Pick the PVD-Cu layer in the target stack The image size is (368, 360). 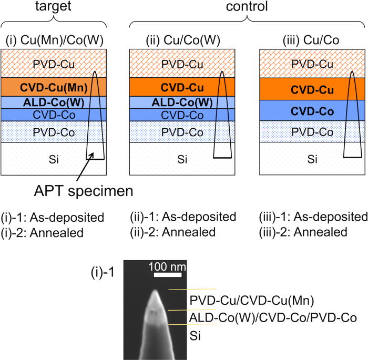(42, 63)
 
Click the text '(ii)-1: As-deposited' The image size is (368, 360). (183, 217)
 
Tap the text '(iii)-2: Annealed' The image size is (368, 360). (303, 232)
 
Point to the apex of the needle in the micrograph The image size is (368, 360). (156, 290)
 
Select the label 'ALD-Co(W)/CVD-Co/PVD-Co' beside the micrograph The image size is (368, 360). (273, 317)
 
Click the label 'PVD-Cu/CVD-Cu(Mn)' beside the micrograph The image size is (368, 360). (252, 301)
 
